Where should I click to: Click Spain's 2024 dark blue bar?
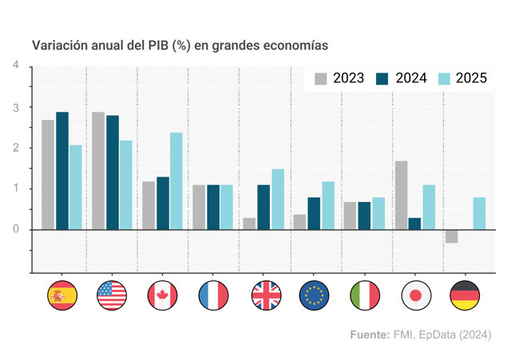[62, 171]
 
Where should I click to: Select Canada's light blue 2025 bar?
[176, 181]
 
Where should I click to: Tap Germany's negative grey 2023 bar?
[452, 236]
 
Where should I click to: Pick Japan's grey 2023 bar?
[401, 195]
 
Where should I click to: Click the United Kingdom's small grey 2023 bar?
[249, 224]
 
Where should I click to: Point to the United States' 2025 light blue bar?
[126, 185]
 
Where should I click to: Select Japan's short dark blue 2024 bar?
[414, 224]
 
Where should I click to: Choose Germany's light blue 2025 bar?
[479, 213]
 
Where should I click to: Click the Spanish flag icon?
[62, 295]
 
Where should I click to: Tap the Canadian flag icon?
[162, 295]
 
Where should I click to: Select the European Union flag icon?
[314, 295]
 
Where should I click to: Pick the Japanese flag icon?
[416, 295]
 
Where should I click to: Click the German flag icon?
[465, 295]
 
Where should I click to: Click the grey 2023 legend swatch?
[321, 78]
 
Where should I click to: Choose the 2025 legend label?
[471, 78]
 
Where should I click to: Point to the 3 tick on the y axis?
[16, 108]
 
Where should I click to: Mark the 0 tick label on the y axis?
[16, 229]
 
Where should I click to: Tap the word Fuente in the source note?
[370, 334]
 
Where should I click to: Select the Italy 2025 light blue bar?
[378, 213]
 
